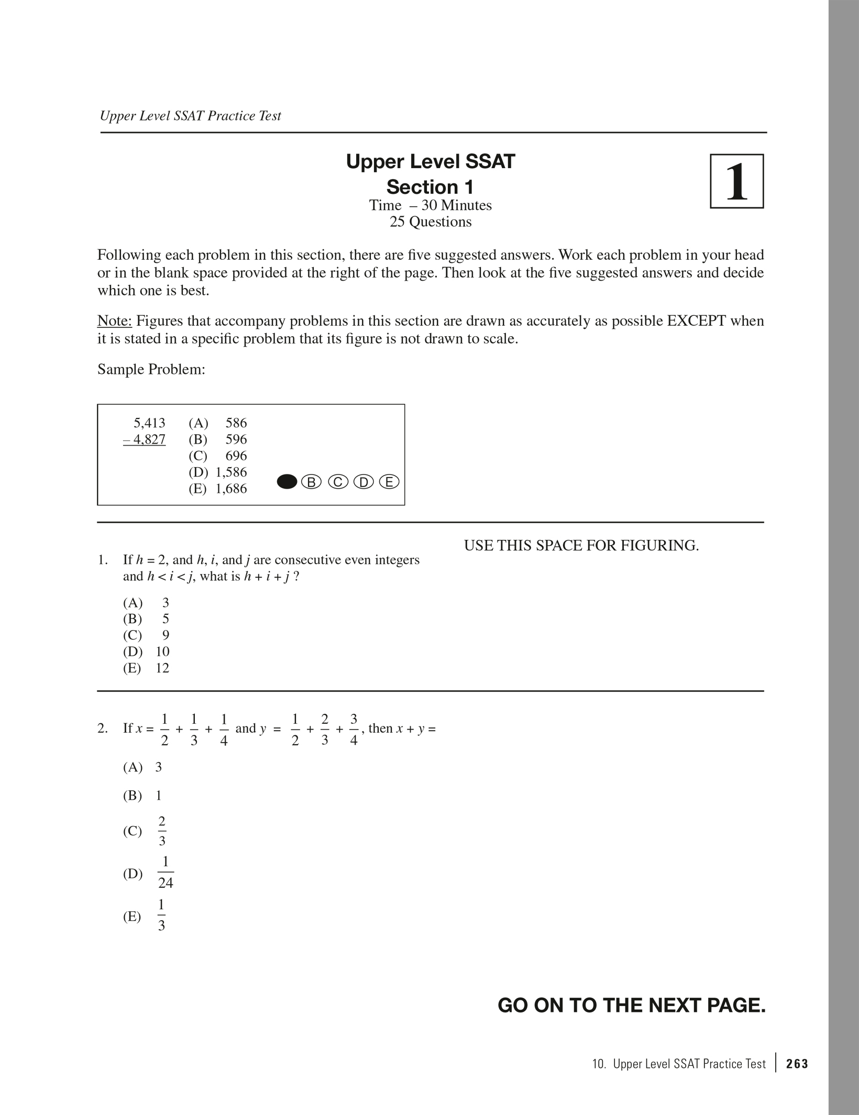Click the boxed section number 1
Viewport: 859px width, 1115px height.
(x=736, y=181)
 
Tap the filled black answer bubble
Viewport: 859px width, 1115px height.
(x=287, y=482)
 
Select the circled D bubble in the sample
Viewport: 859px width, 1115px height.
(x=364, y=482)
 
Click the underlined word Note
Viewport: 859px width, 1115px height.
(x=114, y=321)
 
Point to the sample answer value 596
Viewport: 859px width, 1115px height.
(x=236, y=439)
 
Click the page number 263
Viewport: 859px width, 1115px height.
(x=797, y=1064)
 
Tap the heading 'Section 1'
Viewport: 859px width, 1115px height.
(x=430, y=187)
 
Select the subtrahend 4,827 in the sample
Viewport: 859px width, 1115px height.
(x=145, y=439)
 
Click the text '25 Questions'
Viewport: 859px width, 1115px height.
(x=430, y=222)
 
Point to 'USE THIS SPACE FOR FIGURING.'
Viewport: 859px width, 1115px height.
(x=581, y=546)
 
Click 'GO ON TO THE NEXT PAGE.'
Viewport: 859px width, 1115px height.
(x=631, y=1006)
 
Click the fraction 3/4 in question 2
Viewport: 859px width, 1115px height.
(x=354, y=730)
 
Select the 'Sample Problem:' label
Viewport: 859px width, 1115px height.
(x=151, y=369)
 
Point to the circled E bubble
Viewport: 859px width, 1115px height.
(x=389, y=482)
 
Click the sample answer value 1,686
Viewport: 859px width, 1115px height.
(x=231, y=489)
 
